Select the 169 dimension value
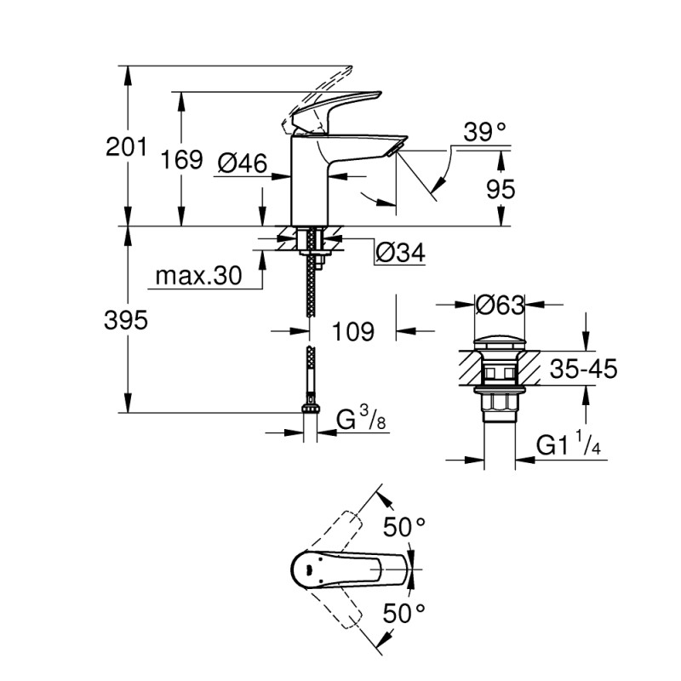[181, 159]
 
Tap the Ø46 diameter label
[243, 162]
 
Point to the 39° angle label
[484, 132]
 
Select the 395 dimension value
[125, 321]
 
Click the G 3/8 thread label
[357, 420]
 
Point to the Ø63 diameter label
[500, 303]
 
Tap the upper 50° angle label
[403, 528]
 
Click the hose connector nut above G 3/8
[311, 409]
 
